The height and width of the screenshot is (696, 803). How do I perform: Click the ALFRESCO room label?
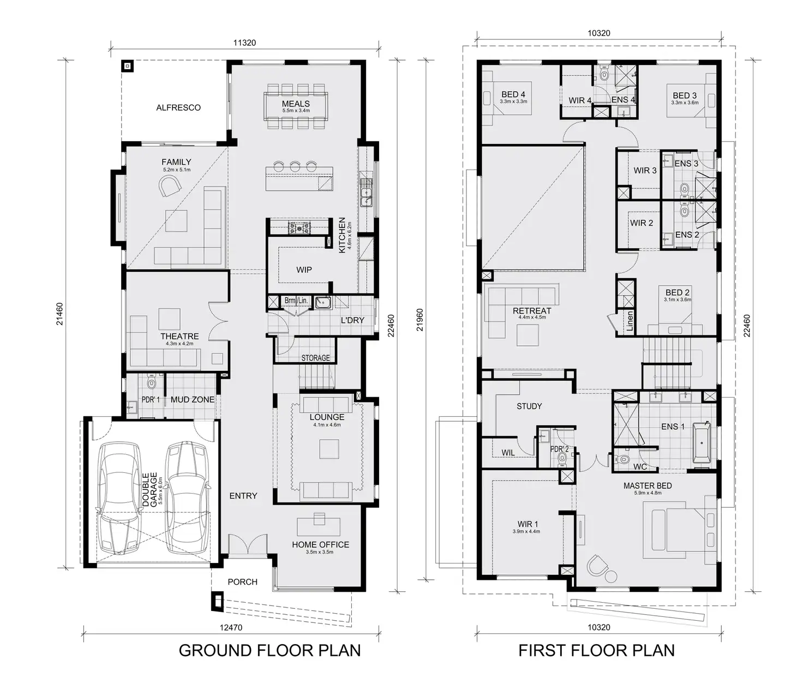178,108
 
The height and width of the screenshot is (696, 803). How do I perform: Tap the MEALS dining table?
296,106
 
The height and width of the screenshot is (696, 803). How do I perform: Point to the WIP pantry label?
304,270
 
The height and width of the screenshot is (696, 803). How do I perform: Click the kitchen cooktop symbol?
299,227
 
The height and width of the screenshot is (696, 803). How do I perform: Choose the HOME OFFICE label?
320,545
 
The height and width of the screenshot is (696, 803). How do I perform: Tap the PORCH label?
242,582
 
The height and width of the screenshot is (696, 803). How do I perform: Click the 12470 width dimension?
231,628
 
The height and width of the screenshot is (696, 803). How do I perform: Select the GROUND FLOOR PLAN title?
269,651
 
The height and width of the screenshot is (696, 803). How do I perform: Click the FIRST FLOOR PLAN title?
596,651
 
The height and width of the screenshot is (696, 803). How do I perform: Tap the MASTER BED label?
648,486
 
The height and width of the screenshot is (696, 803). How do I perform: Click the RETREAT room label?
532,311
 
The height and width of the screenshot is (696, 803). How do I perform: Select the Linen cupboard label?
630,322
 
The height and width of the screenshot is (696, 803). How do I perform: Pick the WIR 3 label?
645,171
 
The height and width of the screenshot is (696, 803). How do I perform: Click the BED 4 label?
513,95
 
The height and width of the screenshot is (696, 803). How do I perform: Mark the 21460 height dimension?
60,314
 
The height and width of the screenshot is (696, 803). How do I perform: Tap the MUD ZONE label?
192,400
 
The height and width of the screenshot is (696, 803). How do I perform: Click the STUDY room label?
529,406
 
